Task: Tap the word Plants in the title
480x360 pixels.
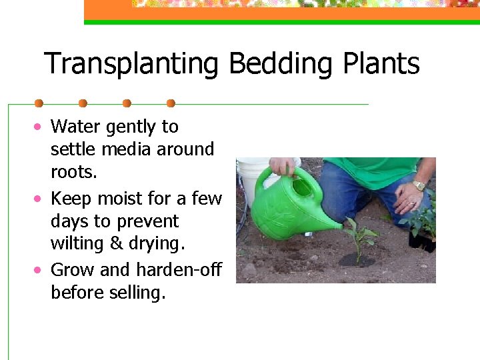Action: pos(381,65)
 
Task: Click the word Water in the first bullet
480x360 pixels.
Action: pos(74,126)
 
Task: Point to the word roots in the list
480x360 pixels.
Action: pos(73,172)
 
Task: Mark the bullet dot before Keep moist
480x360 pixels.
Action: pos(40,199)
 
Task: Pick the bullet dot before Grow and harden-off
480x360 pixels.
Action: pos(40,269)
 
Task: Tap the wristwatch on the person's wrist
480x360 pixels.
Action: pos(418,185)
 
